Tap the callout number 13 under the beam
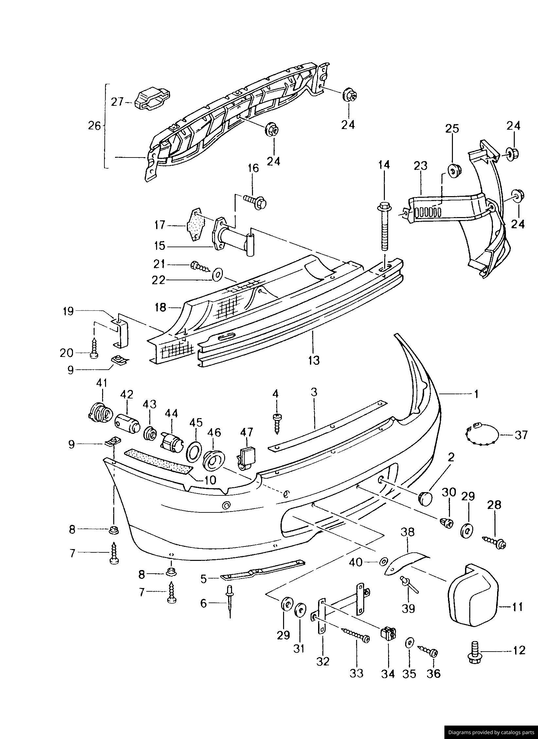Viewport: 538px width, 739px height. click(x=313, y=360)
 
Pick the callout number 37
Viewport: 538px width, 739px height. click(x=521, y=435)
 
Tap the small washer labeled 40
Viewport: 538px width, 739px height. click(x=382, y=562)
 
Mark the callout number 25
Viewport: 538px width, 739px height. click(x=452, y=128)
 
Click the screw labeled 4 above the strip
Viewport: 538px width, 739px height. click(x=277, y=423)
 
